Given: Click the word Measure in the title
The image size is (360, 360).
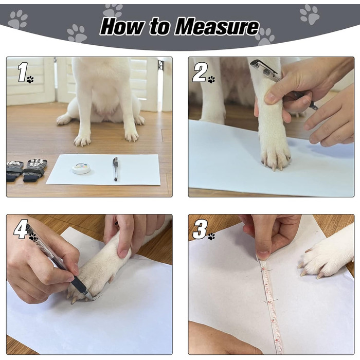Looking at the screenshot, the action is [217, 27].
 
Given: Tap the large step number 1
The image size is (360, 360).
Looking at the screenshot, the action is [23, 72].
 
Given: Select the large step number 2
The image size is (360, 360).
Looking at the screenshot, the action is [200, 73].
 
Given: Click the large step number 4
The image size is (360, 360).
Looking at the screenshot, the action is [21, 229].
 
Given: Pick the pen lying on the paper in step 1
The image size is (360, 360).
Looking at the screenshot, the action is [115, 169].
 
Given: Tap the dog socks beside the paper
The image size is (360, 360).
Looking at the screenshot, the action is [26, 170].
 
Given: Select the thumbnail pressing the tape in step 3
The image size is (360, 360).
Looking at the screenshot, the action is [263, 255].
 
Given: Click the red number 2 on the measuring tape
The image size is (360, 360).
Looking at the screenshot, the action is [269, 301].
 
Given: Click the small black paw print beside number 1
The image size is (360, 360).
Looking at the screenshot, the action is [30, 79].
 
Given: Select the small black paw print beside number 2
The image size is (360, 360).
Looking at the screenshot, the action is [211, 79].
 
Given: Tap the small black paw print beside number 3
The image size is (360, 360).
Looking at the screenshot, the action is [211, 237].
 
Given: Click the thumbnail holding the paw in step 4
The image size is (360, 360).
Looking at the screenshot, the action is [123, 253].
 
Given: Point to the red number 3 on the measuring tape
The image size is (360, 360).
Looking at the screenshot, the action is [273, 320].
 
